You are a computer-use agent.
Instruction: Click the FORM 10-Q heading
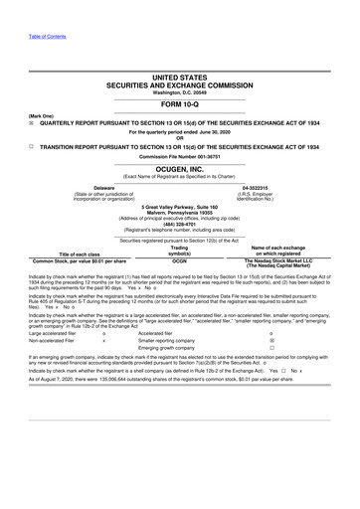(180, 105)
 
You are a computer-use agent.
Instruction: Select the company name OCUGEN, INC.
(180, 170)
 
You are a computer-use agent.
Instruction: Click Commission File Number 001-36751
(180, 156)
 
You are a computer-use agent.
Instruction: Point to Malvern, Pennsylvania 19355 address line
(180, 212)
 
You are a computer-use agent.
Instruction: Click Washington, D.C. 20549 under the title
(180, 92)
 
